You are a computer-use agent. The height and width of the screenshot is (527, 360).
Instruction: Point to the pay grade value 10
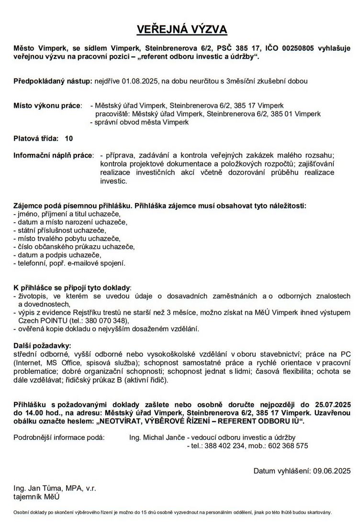click(69, 138)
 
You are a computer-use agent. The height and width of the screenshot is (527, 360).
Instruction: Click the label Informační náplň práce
click(54, 156)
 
